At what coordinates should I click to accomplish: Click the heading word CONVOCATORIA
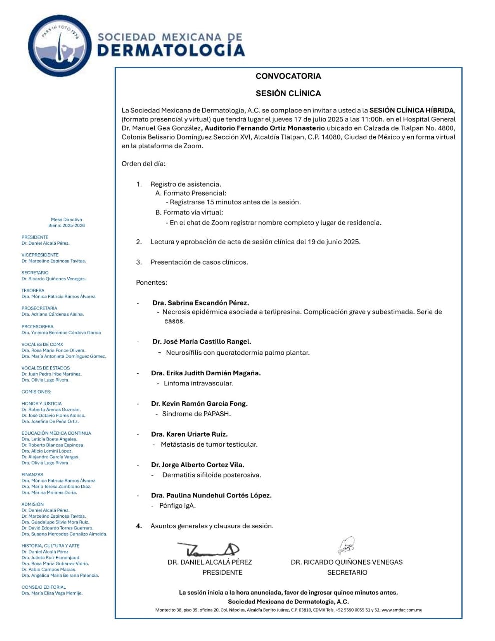[x=288, y=76]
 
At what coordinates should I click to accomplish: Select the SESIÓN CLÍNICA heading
[x=288, y=93]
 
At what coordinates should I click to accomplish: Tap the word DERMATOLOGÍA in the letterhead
[x=171, y=50]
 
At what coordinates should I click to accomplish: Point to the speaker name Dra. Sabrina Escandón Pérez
[x=200, y=303]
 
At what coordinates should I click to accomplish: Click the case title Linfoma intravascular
[x=198, y=383]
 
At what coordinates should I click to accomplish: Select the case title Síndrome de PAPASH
[x=196, y=414]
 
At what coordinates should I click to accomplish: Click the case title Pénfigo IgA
[x=177, y=506]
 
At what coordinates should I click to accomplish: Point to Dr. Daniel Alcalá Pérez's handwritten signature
[x=208, y=549]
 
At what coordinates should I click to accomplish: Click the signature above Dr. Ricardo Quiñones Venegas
[x=346, y=546]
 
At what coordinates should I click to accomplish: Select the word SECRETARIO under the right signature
[x=347, y=572]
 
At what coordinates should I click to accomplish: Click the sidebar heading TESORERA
[x=33, y=290]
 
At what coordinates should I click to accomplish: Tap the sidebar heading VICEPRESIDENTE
[x=40, y=255]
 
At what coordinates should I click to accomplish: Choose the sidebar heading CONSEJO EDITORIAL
[x=43, y=587]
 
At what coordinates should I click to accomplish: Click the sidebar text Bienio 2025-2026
[x=66, y=225]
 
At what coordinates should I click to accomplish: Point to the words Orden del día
[x=143, y=164]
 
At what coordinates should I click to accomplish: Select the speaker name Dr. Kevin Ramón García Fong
[x=199, y=404]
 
